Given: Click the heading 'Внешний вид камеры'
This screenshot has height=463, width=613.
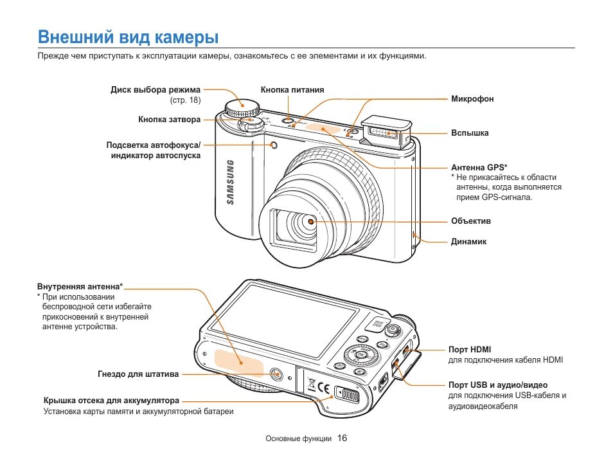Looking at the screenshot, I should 128,37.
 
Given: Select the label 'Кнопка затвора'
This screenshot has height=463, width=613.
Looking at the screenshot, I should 169,120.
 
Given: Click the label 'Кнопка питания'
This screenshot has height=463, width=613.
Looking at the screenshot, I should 292,90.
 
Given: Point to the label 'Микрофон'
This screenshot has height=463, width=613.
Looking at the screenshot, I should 472,99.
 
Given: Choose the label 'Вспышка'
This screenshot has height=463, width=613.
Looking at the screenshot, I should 470,133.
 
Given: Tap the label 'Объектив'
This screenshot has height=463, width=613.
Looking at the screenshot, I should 470,221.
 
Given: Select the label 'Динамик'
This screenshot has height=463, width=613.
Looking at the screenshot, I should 468,242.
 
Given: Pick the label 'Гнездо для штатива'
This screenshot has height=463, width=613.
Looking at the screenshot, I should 138,374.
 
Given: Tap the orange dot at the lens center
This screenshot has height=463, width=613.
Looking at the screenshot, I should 311,221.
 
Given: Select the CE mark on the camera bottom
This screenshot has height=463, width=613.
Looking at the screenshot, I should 324,388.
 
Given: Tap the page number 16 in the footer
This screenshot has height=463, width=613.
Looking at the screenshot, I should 342,439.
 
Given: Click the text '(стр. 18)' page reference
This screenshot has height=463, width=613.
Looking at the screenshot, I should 185,101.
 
